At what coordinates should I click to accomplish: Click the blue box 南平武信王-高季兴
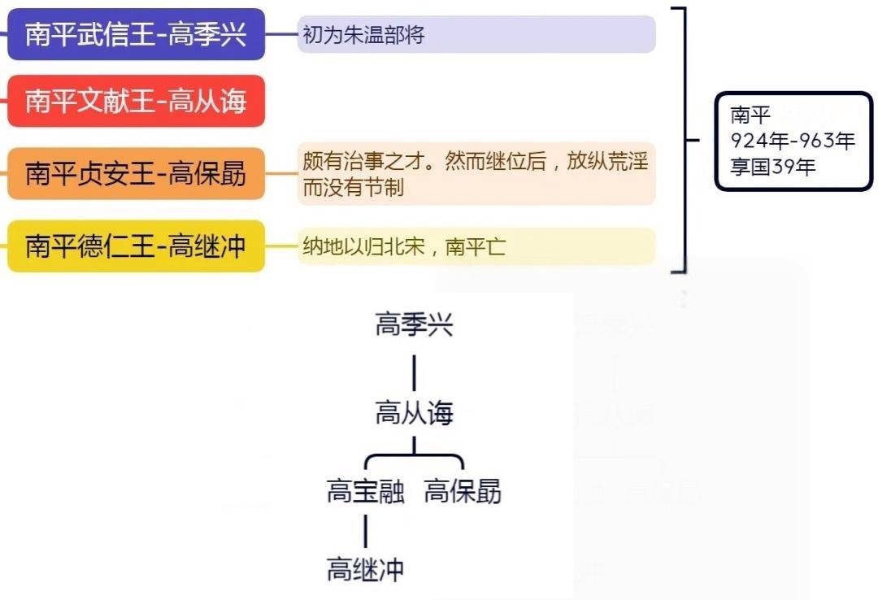click(x=136, y=35)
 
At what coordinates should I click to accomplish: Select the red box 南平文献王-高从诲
click(x=136, y=102)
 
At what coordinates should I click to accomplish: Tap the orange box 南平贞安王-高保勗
click(x=136, y=173)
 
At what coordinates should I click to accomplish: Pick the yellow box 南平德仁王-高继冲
click(x=136, y=246)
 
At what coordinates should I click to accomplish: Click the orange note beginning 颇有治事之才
click(x=476, y=173)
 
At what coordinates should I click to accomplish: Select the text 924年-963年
click(x=792, y=141)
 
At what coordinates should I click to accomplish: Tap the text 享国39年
click(x=772, y=167)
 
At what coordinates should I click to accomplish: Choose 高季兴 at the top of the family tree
click(x=414, y=325)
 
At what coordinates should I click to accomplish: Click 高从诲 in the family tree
click(x=414, y=414)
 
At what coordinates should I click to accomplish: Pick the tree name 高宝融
click(x=365, y=492)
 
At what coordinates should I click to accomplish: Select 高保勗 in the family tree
click(x=463, y=492)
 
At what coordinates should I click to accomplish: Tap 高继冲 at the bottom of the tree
click(x=365, y=569)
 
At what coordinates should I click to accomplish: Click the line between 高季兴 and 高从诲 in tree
click(x=414, y=372)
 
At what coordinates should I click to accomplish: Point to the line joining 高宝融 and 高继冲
click(x=365, y=531)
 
